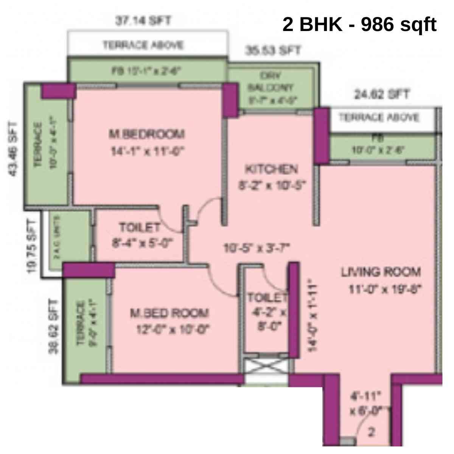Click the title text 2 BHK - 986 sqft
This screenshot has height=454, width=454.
[x=359, y=25]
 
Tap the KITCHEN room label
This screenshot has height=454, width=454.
[x=271, y=169]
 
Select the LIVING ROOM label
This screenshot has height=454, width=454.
[x=381, y=272]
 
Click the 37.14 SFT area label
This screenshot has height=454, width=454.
[x=143, y=20]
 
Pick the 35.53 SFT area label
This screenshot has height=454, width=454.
[x=273, y=50]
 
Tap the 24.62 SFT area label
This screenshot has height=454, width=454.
[x=382, y=94]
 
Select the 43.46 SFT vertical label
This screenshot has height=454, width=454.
[x=13, y=149]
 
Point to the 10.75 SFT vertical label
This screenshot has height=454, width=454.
[x=32, y=247]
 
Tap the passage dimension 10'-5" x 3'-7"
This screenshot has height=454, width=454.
[x=257, y=248]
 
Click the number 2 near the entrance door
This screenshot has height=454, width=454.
[x=372, y=432]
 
